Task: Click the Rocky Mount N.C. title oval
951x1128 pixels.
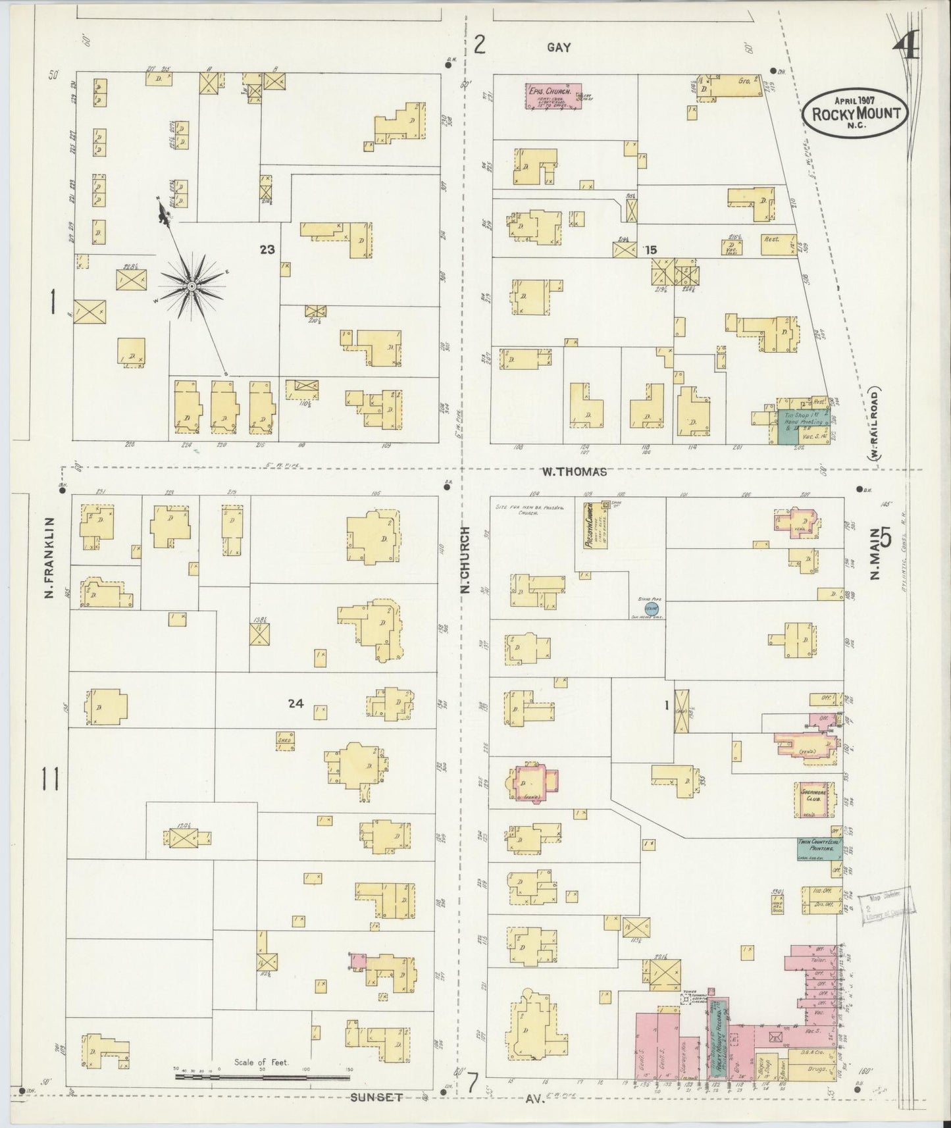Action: (855, 113)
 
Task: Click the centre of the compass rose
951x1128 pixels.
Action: (192, 286)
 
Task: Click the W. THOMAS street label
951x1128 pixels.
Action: (573, 471)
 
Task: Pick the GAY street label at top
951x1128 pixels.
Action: (558, 47)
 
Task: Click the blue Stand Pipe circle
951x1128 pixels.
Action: (650, 608)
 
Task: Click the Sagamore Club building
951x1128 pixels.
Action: (815, 798)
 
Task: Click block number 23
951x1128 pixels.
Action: (267, 249)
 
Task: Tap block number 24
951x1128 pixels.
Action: (296, 704)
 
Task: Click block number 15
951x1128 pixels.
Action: (651, 250)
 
